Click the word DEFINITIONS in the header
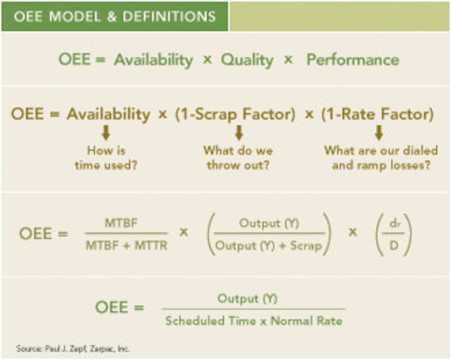click(x=169, y=16)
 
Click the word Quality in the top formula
click(x=247, y=61)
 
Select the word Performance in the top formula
click(x=353, y=60)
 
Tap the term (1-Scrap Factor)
click(x=235, y=115)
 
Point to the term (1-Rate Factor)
click(x=378, y=114)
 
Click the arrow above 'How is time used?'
click(x=106, y=133)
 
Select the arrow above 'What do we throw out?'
click(x=239, y=133)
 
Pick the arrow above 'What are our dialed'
click(x=379, y=133)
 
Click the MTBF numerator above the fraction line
click(x=121, y=223)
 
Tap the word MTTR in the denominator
click(x=151, y=245)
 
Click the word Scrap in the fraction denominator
click(x=306, y=246)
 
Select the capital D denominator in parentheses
click(x=394, y=245)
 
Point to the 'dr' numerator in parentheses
click(x=394, y=223)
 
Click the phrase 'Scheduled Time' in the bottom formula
click(x=211, y=321)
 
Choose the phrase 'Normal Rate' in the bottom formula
click(x=307, y=321)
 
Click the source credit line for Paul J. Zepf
click(x=73, y=349)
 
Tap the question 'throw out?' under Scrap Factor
click(x=238, y=166)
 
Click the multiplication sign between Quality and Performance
click(x=288, y=60)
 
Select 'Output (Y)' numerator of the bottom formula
click(x=247, y=298)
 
